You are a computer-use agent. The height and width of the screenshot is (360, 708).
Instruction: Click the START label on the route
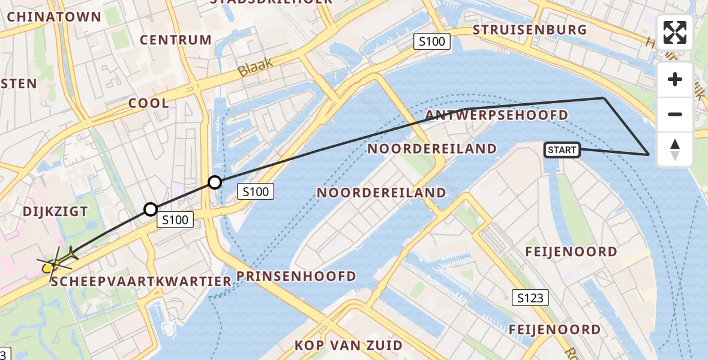[x=562, y=150]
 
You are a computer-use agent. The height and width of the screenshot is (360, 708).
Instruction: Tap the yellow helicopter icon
[x=58, y=262]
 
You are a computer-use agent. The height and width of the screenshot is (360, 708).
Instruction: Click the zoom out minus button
[x=675, y=115]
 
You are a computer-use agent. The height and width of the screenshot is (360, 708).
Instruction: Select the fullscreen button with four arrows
[x=675, y=32]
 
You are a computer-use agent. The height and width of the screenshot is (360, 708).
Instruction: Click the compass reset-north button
[x=675, y=149]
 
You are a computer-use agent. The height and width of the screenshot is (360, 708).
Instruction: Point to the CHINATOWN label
[x=54, y=17]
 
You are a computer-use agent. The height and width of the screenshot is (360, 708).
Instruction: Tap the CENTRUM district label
[x=176, y=40]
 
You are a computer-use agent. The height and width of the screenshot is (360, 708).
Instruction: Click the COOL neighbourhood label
[x=149, y=103]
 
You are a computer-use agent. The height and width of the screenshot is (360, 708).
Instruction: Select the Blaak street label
[x=255, y=67]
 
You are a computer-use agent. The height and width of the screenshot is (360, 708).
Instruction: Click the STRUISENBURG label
[x=529, y=30]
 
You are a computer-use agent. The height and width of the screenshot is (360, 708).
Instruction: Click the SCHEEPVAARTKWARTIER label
[x=141, y=281]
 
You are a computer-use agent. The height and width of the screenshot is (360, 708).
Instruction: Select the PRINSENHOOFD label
[x=296, y=276]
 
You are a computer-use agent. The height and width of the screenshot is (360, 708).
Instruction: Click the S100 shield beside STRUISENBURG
[x=432, y=41]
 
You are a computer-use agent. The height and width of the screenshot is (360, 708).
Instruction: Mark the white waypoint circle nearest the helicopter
[x=151, y=209]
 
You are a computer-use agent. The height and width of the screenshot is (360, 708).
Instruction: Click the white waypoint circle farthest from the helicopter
[x=214, y=182]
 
